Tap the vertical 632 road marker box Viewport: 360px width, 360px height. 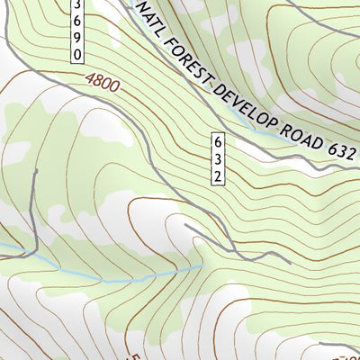click(218, 159)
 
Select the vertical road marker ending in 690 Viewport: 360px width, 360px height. click(77, 31)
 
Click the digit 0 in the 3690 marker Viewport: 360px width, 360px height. click(77, 55)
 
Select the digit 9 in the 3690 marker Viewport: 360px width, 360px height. click(77, 39)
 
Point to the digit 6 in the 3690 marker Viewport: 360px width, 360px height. click(77, 22)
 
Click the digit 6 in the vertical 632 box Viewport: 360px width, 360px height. click(218, 143)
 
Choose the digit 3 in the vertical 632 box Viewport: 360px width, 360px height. click(218, 159)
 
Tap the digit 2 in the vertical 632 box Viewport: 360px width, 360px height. click(218, 175)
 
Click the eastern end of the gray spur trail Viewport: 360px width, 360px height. click(289, 261)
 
